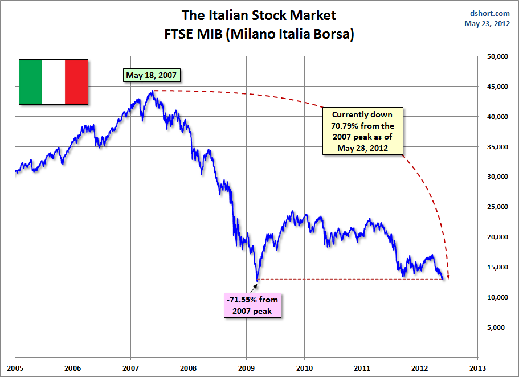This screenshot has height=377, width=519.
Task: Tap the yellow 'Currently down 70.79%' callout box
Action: [x=362, y=130]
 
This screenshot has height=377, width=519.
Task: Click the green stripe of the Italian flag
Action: [x=31, y=81]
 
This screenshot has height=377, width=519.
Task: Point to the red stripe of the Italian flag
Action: [x=76, y=81]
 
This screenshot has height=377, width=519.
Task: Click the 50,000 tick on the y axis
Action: [x=493, y=56]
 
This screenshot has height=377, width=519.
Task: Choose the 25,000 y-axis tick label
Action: [x=493, y=207]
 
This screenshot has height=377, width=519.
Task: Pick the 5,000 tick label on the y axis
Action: [x=495, y=327]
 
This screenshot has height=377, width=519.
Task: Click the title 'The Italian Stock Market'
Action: [x=259, y=15]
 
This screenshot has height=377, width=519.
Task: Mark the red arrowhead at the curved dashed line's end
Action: [x=448, y=277]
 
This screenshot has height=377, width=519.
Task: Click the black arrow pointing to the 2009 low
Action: [x=256, y=284]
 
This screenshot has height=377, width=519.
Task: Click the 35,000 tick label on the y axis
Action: [x=493, y=146]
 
